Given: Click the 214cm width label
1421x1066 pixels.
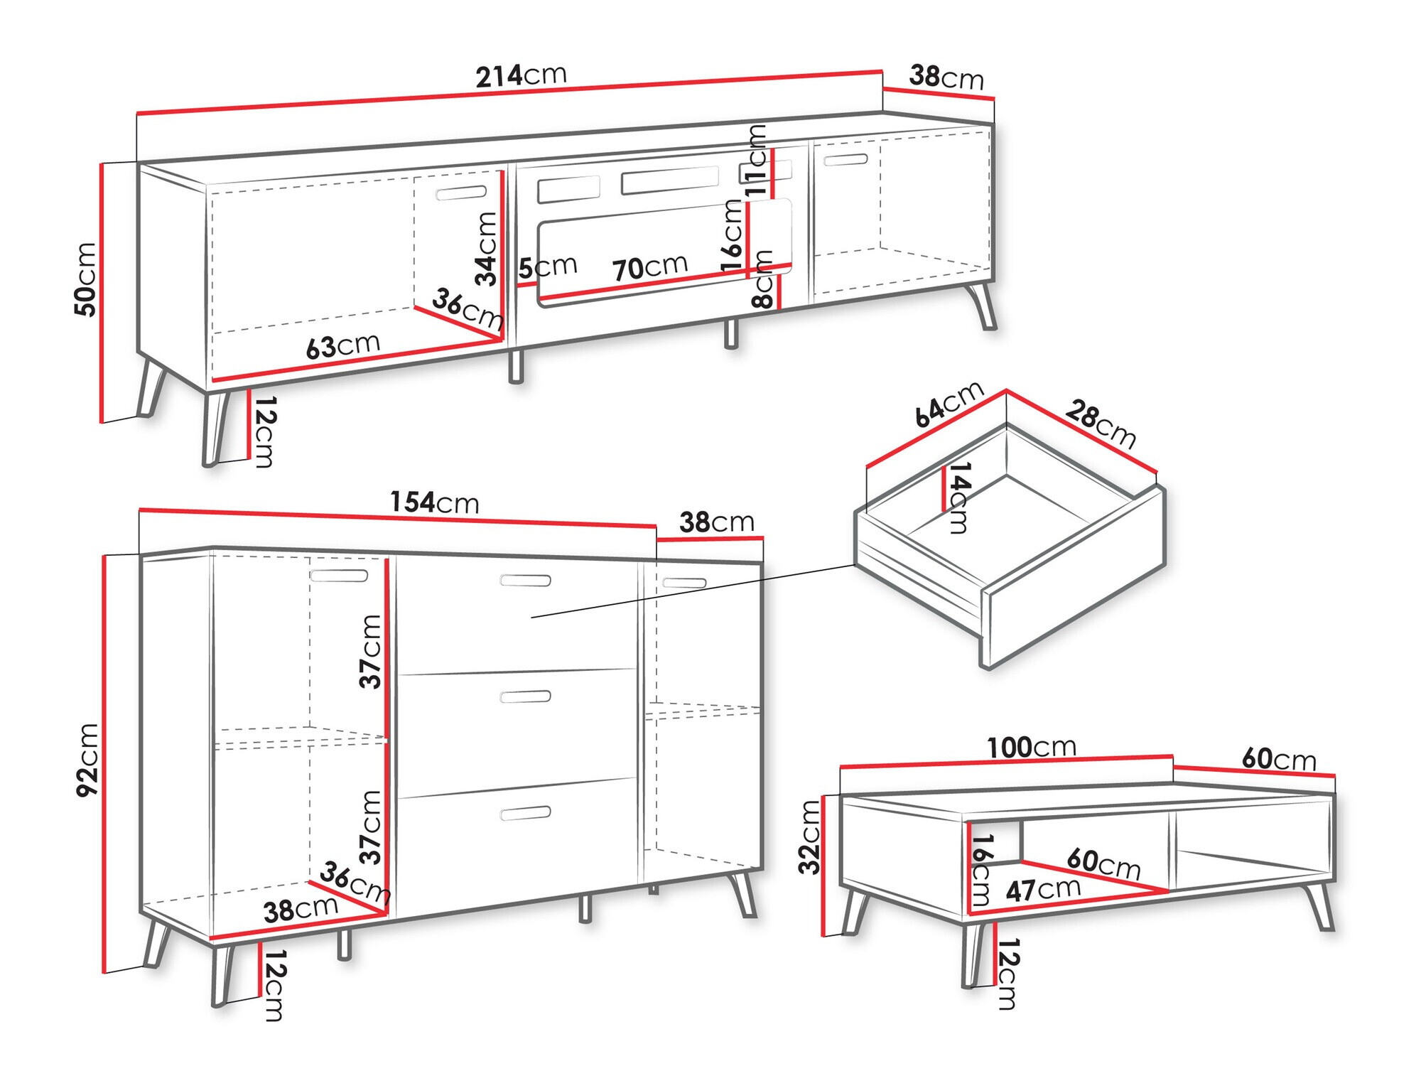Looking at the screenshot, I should pos(521,75).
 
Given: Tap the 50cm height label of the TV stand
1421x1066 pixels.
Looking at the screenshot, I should pos(86,279).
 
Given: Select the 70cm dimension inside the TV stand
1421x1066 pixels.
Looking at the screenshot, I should pos(649,267).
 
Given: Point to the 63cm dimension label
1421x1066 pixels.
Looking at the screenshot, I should pos(343,346).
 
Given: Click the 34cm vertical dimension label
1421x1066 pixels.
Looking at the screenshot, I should pos(487,249).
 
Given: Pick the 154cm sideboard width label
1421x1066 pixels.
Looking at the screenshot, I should pos(434,502).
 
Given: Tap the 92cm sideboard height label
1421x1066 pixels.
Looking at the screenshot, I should pos(88,759).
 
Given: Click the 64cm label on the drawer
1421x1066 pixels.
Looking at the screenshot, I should pos(948,404).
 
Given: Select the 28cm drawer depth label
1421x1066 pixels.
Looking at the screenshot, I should pos(1100,424).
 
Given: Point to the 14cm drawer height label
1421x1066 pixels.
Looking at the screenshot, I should pos(959,497).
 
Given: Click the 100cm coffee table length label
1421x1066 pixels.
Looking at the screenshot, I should pos(1031,747).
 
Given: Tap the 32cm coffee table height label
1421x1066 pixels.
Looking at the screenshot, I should pos(810,836).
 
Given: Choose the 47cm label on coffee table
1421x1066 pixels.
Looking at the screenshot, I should pos(1042,889).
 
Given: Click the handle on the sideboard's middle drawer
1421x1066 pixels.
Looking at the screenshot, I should pos(525,696).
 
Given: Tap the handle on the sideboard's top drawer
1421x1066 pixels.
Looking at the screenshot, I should pos(525,581).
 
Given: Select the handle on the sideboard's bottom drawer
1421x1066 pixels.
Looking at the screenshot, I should pos(525,813).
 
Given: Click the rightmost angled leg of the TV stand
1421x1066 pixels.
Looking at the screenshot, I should pos(983,306).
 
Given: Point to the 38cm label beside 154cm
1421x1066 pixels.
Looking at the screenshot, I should pos(716,522).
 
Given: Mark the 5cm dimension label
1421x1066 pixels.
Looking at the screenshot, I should pos(547,267).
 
